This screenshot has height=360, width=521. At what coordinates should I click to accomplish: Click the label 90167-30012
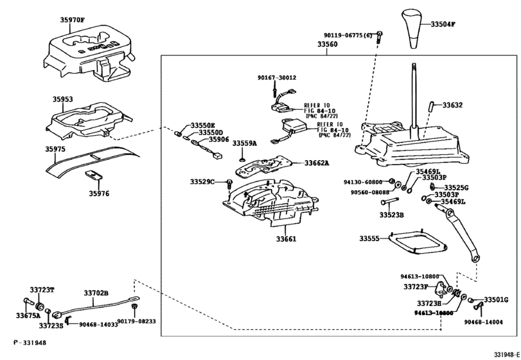pos(277,78)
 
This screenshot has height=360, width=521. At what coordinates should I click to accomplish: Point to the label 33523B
pos(391,215)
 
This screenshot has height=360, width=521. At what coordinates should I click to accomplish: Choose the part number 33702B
pos(96,293)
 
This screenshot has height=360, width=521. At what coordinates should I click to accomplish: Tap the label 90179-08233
pos(136,321)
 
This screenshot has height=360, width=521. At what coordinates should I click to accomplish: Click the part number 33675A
pos(28,316)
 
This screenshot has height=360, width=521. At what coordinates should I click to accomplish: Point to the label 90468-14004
pos(484,322)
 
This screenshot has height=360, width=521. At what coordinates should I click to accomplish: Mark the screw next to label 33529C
pos(229,183)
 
